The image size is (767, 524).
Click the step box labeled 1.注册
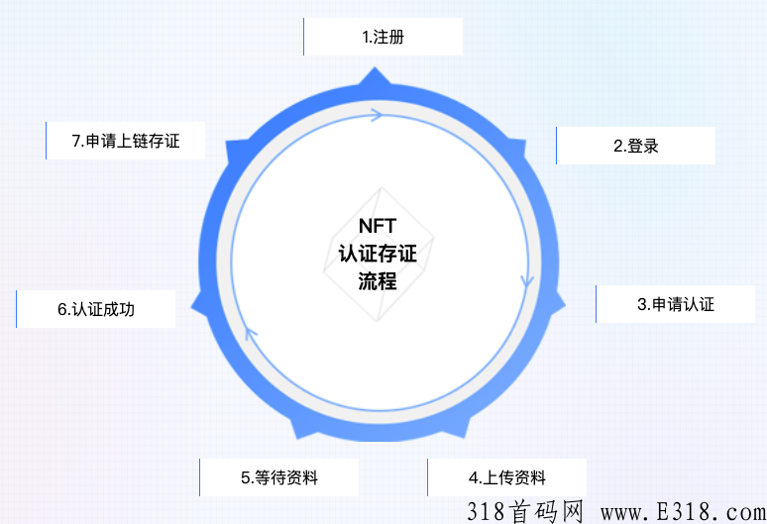(383, 37)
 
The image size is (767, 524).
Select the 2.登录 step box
(636, 146)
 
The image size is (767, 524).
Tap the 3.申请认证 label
(676, 304)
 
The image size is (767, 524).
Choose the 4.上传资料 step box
(506, 477)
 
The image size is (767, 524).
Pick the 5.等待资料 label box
(278, 477)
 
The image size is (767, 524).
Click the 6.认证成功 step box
(96, 309)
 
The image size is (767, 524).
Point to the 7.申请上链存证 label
(126, 141)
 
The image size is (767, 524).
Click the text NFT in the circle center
(378, 226)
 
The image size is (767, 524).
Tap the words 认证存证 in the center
(378, 254)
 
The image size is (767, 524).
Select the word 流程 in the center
(378, 281)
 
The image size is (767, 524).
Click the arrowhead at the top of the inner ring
(377, 115)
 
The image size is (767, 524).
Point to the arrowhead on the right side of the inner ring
(527, 280)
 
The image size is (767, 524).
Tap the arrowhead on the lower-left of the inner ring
(250, 335)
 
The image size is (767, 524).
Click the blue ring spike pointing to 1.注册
(375, 76)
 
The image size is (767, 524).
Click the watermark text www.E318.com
(684, 512)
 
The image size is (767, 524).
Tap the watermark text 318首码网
(525, 512)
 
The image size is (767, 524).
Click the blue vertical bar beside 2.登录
(556, 146)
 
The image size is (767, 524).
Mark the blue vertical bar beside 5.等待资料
(199, 477)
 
